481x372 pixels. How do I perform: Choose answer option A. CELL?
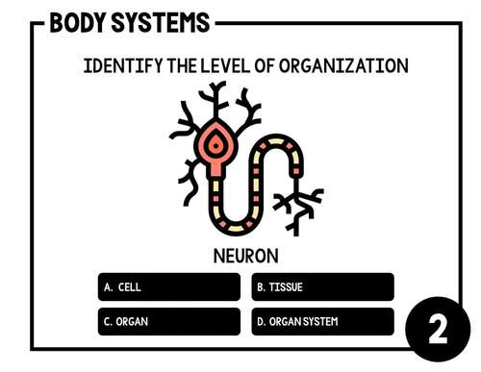click(169, 287)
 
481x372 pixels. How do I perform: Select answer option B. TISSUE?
click(323, 287)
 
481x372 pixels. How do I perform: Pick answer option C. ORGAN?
click(169, 321)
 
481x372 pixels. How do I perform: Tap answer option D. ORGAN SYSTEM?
click(323, 321)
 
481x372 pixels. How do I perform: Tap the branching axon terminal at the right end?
click(297, 204)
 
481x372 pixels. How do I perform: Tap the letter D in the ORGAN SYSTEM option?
click(260, 321)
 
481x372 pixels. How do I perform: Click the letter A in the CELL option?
click(107, 287)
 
